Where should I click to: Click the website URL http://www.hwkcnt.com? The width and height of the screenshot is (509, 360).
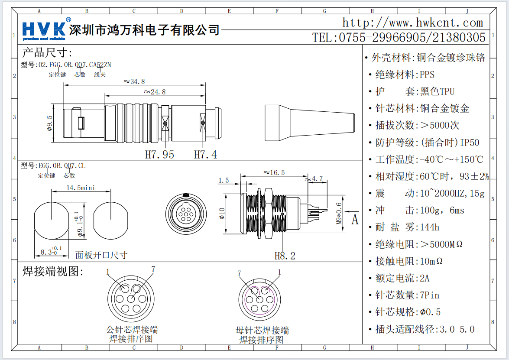[x=412, y=23]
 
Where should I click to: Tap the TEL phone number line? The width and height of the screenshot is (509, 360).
[x=399, y=38]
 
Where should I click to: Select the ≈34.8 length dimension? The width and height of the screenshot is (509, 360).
[x=134, y=81]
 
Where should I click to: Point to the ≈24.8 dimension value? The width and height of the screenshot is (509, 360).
[x=155, y=92]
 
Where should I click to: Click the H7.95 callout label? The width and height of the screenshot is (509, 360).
[x=159, y=154]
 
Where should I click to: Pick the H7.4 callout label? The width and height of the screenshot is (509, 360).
[x=205, y=154]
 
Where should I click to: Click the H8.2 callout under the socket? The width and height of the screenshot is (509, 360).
[x=285, y=256]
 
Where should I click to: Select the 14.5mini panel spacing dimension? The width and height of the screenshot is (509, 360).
[x=81, y=188]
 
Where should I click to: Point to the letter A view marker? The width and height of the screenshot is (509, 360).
[x=355, y=220]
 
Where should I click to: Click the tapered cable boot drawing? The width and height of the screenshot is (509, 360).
[x=309, y=123]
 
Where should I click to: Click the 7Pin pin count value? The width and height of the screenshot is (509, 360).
[x=429, y=295]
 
